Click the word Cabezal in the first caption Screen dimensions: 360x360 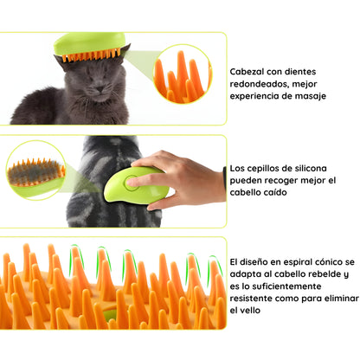pyautogui.click(x=247, y=72)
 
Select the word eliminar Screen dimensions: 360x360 pyautogui.click(x=342, y=299)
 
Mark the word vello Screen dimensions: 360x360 pyautogui.click(x=252, y=311)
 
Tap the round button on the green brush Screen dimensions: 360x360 pyautogui.click(x=132, y=183)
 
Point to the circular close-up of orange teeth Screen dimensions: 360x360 pyautogui.click(x=183, y=74)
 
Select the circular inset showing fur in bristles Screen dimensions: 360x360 pyautogui.click(x=35, y=170)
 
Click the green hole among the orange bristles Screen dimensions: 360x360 pyautogui.click(x=108, y=315)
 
